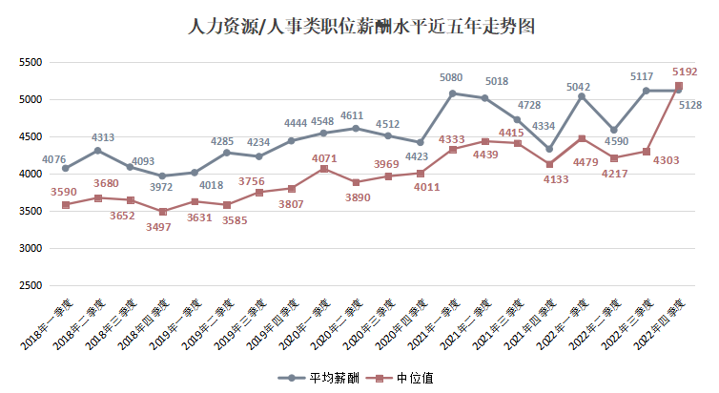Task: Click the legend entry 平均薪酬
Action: pyautogui.click(x=321, y=378)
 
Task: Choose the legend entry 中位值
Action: pyautogui.click(x=404, y=378)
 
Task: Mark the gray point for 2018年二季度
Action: pyautogui.click(x=97, y=151)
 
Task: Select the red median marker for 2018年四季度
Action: pyautogui.click(x=162, y=212)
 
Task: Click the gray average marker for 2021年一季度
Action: pyautogui.click(x=452, y=93)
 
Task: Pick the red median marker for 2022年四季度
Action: pyautogui.click(x=678, y=86)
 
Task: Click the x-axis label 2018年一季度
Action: pyautogui.click(x=52, y=324)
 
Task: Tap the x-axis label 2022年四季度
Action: pyautogui.click(x=664, y=324)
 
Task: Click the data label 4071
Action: pyautogui.click(x=324, y=158)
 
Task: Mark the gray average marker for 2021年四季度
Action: pyautogui.click(x=548, y=149)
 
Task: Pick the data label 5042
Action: pyautogui.click(x=581, y=88)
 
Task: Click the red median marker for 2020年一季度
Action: pyautogui.click(x=323, y=169)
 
